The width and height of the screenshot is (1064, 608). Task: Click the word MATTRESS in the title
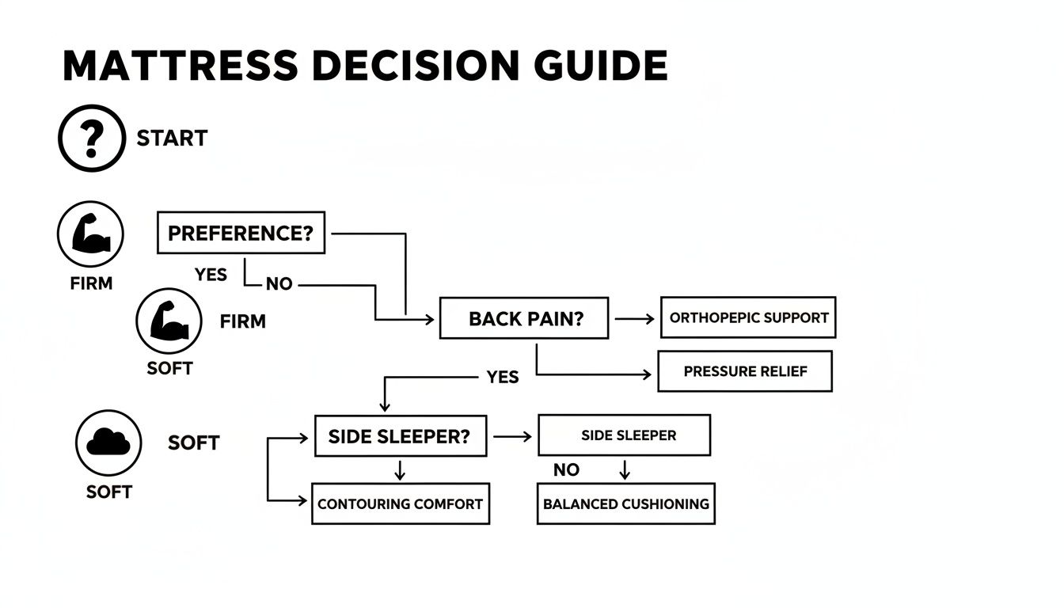(181, 66)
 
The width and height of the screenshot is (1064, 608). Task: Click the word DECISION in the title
(416, 66)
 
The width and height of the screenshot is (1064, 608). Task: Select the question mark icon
(92, 139)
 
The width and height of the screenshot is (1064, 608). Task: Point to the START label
(172, 139)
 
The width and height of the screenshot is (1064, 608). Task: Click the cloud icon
(108, 443)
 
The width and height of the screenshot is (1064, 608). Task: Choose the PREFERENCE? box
(241, 233)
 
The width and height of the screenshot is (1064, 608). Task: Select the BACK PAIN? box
(524, 319)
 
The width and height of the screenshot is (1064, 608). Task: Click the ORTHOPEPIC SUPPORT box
(747, 317)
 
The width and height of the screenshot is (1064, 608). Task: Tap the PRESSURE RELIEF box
(744, 371)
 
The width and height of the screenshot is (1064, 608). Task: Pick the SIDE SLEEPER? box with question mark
(400, 436)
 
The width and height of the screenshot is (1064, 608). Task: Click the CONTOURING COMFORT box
(400, 503)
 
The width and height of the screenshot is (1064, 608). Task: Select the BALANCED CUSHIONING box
(625, 503)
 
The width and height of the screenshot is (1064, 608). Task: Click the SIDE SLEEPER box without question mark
(624, 435)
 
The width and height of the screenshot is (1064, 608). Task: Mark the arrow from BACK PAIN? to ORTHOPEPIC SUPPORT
(634, 319)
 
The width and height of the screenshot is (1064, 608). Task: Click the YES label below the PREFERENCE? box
(211, 275)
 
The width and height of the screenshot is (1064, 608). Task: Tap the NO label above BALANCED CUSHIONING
(566, 470)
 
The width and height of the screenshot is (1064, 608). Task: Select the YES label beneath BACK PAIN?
(503, 377)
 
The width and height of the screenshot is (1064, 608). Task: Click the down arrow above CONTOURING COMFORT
(400, 470)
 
